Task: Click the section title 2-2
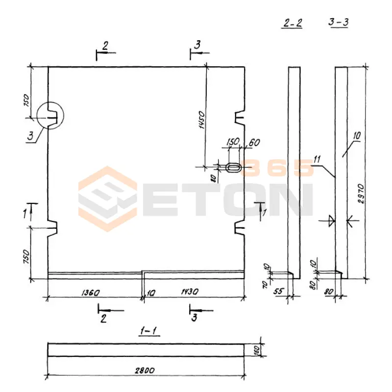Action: coord(293,23)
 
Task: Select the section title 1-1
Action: coord(148,331)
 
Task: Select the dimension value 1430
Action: coord(190,293)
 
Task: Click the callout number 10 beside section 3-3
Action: coord(356,135)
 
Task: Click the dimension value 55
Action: coord(278,291)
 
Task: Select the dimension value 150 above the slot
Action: coord(232,142)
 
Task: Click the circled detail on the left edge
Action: coord(50,116)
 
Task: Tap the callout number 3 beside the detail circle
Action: coord(31,137)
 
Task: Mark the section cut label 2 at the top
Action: coord(105,46)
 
